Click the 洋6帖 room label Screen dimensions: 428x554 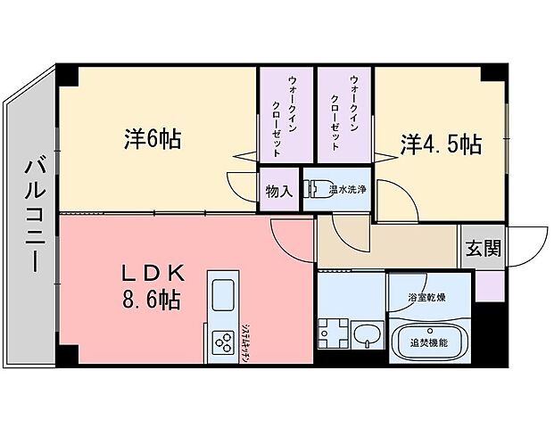[153, 140]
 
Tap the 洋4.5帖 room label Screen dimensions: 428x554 [441, 142]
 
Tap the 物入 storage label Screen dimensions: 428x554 [279, 191]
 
